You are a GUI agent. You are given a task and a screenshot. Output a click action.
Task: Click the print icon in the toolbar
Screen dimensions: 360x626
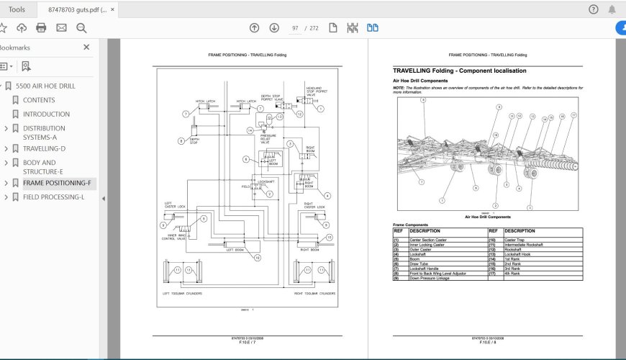coord(41,28)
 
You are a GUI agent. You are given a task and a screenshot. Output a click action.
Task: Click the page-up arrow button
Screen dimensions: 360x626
coord(254,28)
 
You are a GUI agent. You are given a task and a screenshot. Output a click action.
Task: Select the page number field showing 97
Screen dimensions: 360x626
coord(295,28)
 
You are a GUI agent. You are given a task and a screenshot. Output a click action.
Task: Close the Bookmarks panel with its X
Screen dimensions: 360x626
coord(86,48)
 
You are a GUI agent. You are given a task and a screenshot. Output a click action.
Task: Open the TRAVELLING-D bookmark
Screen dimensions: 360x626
coord(44,148)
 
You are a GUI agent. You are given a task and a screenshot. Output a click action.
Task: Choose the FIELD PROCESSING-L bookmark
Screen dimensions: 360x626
coord(53,197)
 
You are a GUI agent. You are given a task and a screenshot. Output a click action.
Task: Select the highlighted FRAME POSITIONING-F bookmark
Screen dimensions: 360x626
coord(57,183)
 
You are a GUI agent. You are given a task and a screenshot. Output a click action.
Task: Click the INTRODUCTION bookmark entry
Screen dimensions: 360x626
coord(46,114)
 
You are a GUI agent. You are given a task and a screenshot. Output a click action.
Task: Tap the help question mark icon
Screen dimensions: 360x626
coord(593,9)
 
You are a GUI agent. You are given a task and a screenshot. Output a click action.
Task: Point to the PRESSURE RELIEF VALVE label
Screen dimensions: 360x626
coord(268,138)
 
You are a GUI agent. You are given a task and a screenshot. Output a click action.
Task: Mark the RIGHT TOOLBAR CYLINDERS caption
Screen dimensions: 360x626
coord(314,294)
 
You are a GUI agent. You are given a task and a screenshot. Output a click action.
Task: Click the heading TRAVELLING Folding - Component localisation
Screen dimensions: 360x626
coord(459,71)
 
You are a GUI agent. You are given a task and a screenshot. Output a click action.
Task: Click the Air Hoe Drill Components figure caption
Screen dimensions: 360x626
coord(487,216)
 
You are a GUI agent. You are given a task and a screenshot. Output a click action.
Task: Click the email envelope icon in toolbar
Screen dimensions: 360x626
coord(61,28)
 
